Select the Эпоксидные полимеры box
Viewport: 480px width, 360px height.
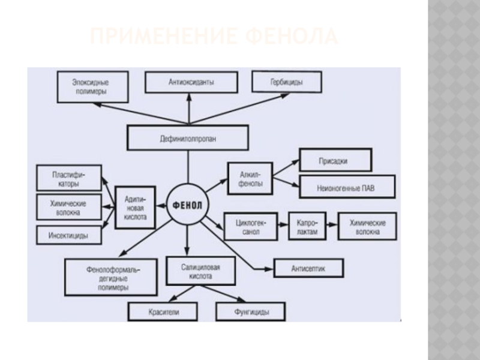[91, 86]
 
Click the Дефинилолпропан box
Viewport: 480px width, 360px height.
[187, 138]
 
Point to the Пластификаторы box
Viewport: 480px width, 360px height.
[68, 178]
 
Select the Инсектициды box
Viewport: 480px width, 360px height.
[68, 236]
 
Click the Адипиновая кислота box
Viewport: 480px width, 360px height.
[135, 206]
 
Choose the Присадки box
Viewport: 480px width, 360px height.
[335, 161]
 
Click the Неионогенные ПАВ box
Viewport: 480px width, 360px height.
[347, 187]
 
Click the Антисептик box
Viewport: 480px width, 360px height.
[308, 268]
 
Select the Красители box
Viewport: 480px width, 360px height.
[164, 312]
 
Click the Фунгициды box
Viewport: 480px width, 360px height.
[251, 312]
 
